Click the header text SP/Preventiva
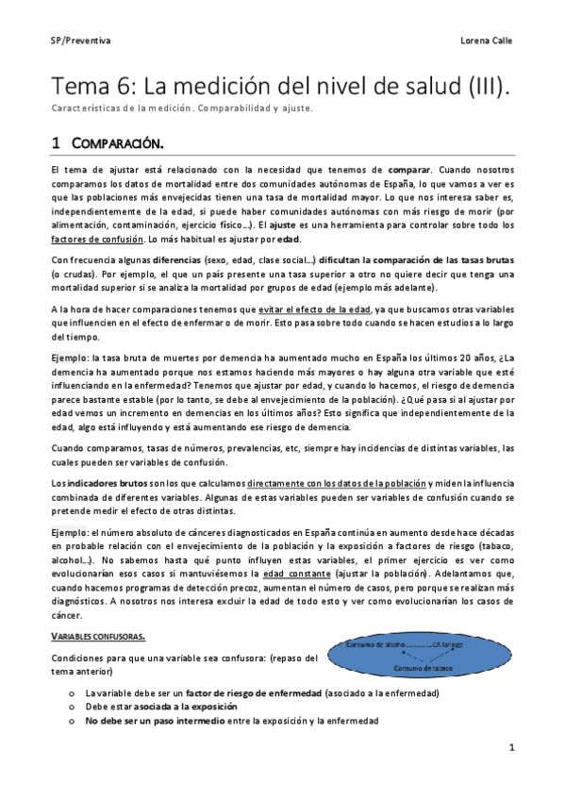tap(80, 42)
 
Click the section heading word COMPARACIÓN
tap(122, 143)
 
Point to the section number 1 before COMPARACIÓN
tap(57, 143)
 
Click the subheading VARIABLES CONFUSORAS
tap(97, 609)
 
